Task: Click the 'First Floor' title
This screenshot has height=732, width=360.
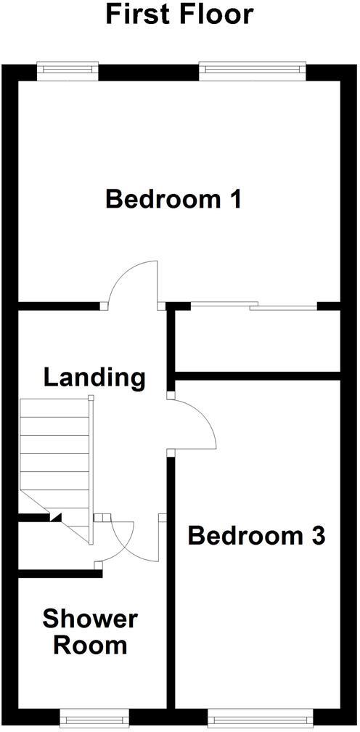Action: click(x=180, y=14)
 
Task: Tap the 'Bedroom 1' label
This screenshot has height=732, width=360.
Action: click(x=173, y=199)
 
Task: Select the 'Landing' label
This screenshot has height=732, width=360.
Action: click(x=94, y=378)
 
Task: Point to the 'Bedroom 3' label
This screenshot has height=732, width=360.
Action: click(x=255, y=536)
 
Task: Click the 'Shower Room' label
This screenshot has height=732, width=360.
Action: click(x=89, y=632)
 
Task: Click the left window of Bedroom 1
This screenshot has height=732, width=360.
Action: click(x=67, y=70)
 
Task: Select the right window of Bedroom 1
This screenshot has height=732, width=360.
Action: click(x=252, y=70)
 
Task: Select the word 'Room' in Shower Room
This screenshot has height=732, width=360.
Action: click(x=89, y=645)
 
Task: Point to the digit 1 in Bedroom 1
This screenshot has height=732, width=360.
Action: click(x=233, y=199)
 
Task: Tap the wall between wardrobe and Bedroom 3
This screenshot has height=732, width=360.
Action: click(x=258, y=375)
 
